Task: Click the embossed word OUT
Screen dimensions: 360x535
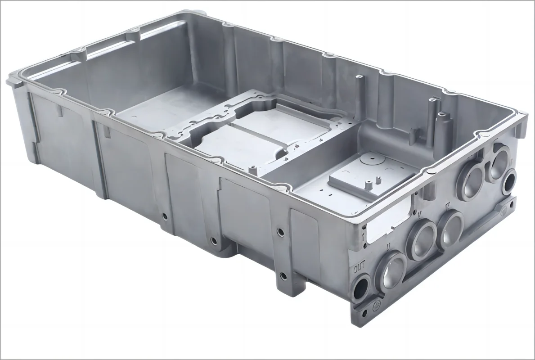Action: [360, 268]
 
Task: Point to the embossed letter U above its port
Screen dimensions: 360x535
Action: [388, 247]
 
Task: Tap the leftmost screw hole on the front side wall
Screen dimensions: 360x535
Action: [165, 216]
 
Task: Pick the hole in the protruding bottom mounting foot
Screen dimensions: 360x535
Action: [282, 275]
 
